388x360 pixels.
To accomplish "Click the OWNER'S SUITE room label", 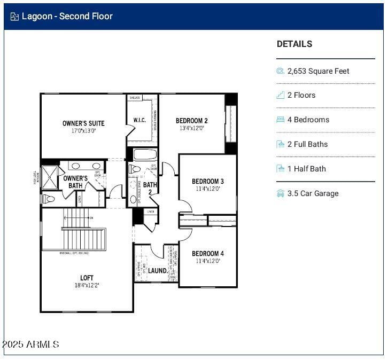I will click(83, 123).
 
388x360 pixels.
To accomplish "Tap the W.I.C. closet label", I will click(139, 120).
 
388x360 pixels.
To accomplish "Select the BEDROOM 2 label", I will click(192, 121).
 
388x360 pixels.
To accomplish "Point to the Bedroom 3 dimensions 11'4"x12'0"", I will click(208, 189).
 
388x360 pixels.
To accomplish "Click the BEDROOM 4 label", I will click(208, 253).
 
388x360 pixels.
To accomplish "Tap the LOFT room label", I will click(87, 278).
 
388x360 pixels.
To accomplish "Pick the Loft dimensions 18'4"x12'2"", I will click(87, 285).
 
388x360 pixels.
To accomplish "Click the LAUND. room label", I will click(158, 271).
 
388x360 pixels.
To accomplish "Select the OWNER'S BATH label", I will click(75, 182).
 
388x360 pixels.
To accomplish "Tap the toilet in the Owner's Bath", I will click(48, 199).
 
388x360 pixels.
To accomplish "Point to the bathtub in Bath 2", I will click(144, 155).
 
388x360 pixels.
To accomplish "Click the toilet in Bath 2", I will click(135, 169).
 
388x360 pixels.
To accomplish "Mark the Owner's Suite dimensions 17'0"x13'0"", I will click(83, 131).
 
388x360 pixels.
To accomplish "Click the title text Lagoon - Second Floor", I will click(67, 16).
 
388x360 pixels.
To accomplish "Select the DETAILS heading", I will click(294, 44).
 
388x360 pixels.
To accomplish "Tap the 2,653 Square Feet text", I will click(318, 71).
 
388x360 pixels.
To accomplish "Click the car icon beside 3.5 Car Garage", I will click(281, 193).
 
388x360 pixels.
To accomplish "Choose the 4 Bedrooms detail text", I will click(308, 120).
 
